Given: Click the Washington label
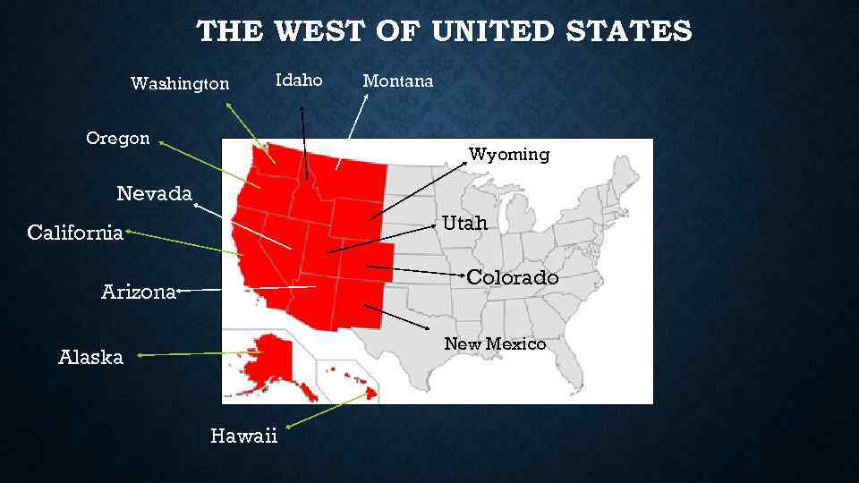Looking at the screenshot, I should [x=180, y=84].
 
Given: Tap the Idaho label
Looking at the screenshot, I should [x=299, y=80].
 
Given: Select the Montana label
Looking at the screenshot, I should [x=397, y=81].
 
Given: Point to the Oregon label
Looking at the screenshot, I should [x=118, y=139].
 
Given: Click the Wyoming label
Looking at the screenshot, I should [x=509, y=155].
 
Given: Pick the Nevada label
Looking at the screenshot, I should [x=155, y=193].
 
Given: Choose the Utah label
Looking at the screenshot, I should [x=465, y=224].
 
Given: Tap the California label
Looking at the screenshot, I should [x=75, y=233].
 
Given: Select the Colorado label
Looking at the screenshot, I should [x=513, y=278].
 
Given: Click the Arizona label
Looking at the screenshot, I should [x=139, y=292].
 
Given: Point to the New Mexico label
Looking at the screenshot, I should [x=495, y=344].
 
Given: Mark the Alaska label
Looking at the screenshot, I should [x=90, y=358].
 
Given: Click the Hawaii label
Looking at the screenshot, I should [x=244, y=436].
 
